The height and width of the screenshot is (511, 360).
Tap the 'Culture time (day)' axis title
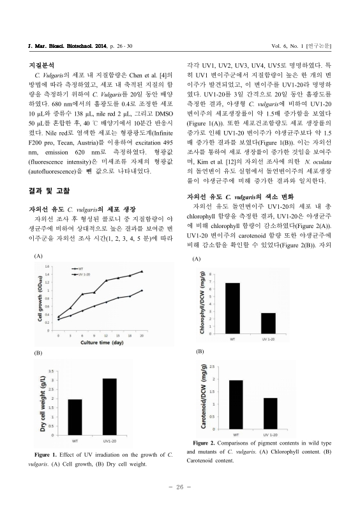pyautogui.click(x=101, y=344)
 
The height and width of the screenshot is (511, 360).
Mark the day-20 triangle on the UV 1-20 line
pyautogui.click(x=142, y=271)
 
